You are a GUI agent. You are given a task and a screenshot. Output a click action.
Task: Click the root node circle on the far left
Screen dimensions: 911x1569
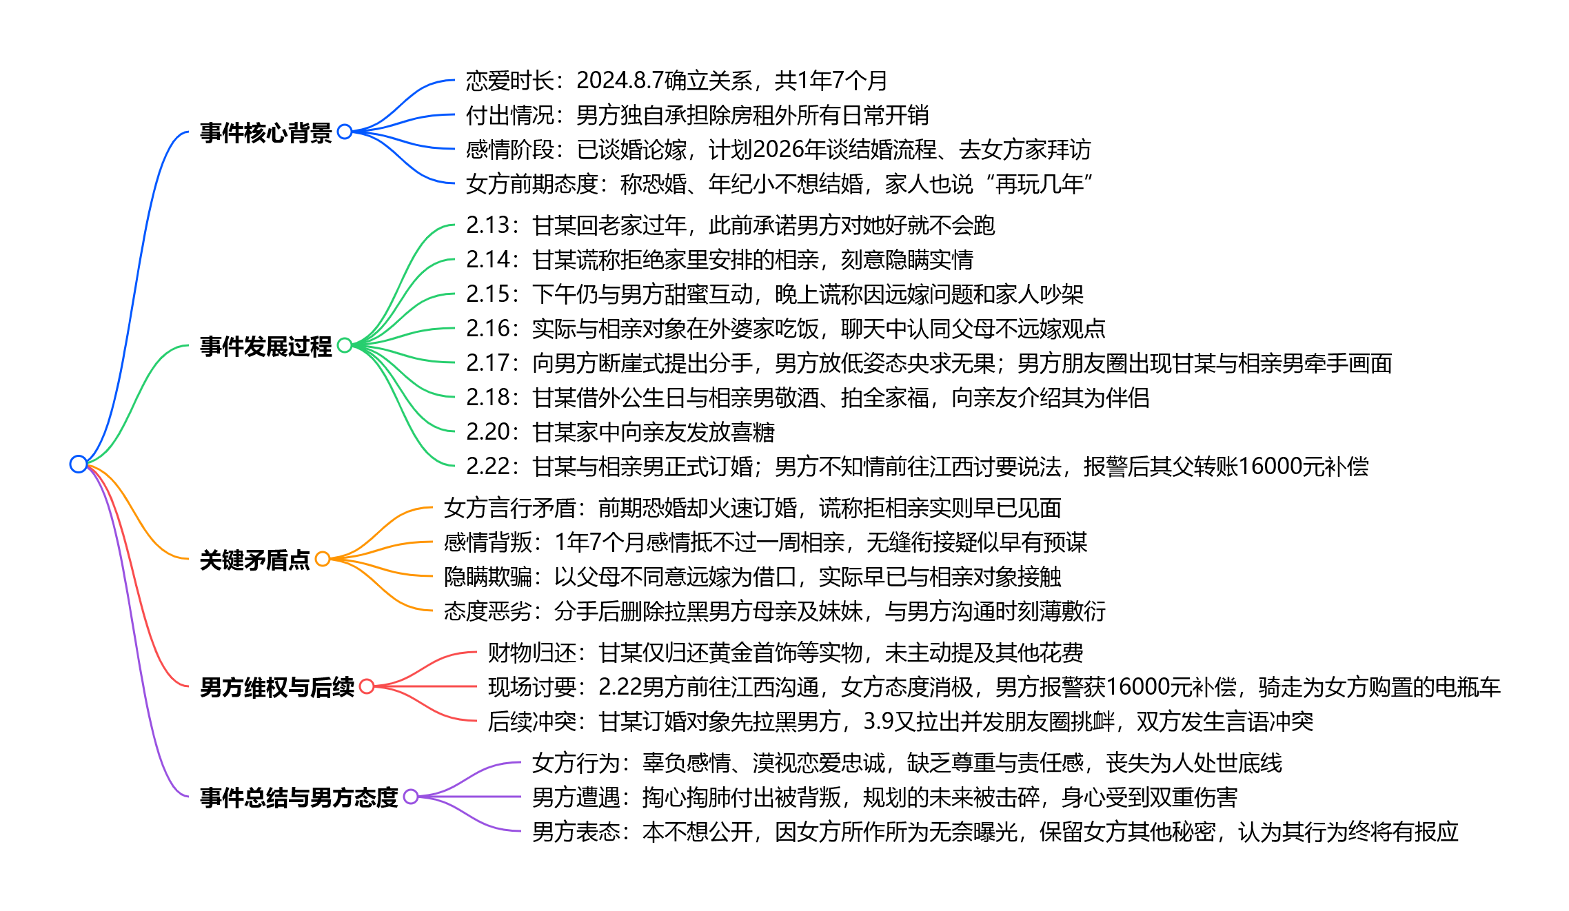click(x=79, y=464)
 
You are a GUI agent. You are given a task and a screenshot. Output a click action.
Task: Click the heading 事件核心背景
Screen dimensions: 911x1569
click(x=265, y=132)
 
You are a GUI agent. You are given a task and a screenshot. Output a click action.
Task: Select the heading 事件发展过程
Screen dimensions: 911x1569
click(x=265, y=346)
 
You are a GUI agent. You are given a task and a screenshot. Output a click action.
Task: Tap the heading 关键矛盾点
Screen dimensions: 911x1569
click(x=254, y=560)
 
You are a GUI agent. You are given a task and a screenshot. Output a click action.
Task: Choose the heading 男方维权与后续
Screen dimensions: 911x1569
click(x=276, y=687)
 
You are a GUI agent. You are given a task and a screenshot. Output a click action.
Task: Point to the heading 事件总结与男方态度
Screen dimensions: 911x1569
click(x=298, y=797)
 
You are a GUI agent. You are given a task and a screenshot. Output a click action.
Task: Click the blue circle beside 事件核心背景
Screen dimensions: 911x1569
click(x=345, y=132)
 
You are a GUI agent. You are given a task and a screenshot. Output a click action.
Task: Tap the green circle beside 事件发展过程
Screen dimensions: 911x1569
click(x=345, y=345)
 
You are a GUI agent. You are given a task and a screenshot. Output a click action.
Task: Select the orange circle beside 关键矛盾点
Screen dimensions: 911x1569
click(x=322, y=559)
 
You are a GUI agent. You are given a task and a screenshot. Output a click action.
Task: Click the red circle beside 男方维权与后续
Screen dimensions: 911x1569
click(x=367, y=686)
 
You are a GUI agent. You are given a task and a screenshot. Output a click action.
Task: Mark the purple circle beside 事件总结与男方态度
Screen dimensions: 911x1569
click(x=411, y=797)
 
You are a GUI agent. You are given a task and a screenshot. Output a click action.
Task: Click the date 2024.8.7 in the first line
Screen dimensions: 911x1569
click(x=620, y=81)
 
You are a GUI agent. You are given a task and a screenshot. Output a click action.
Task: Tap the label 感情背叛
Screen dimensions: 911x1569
click(x=487, y=542)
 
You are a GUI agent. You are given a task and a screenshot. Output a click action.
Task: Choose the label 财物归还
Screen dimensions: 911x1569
click(x=532, y=653)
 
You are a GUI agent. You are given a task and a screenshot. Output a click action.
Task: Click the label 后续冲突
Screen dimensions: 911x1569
click(x=532, y=721)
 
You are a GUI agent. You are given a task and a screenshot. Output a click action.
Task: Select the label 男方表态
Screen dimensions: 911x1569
click(x=576, y=832)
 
